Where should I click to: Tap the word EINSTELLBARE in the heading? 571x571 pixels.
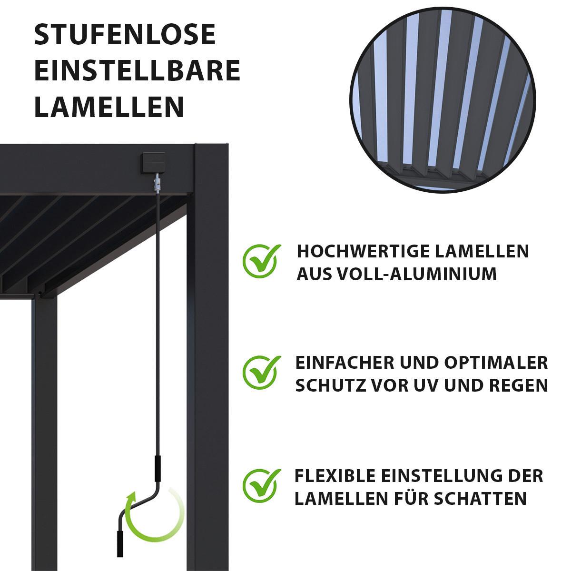tap(137, 70)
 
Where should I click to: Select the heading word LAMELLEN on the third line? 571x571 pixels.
tap(109, 107)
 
